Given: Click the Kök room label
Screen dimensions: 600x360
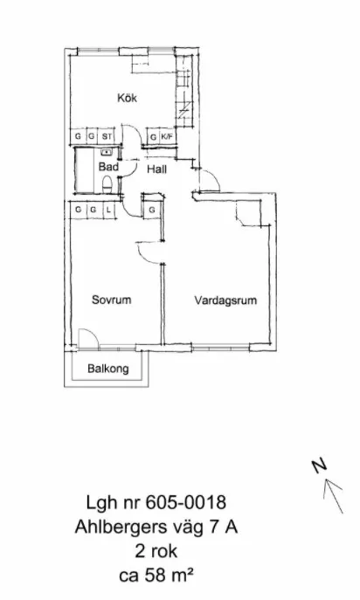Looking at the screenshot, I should tap(128, 99).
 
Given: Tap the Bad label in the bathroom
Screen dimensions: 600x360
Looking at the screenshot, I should tap(108, 165).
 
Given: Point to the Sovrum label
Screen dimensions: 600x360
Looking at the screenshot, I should tap(111, 300).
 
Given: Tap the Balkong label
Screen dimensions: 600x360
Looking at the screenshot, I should tap(108, 369).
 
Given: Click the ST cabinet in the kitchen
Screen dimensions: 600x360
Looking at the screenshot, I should tap(107, 137).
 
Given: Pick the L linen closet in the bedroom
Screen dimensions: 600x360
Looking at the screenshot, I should tap(107, 210).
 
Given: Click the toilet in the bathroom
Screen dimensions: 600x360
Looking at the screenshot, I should tap(107, 183).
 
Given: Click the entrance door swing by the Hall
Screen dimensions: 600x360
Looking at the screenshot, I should tap(210, 182).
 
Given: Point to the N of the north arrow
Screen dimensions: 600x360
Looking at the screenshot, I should tap(320, 466).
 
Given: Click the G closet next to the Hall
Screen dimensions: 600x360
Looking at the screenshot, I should tap(151, 210).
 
